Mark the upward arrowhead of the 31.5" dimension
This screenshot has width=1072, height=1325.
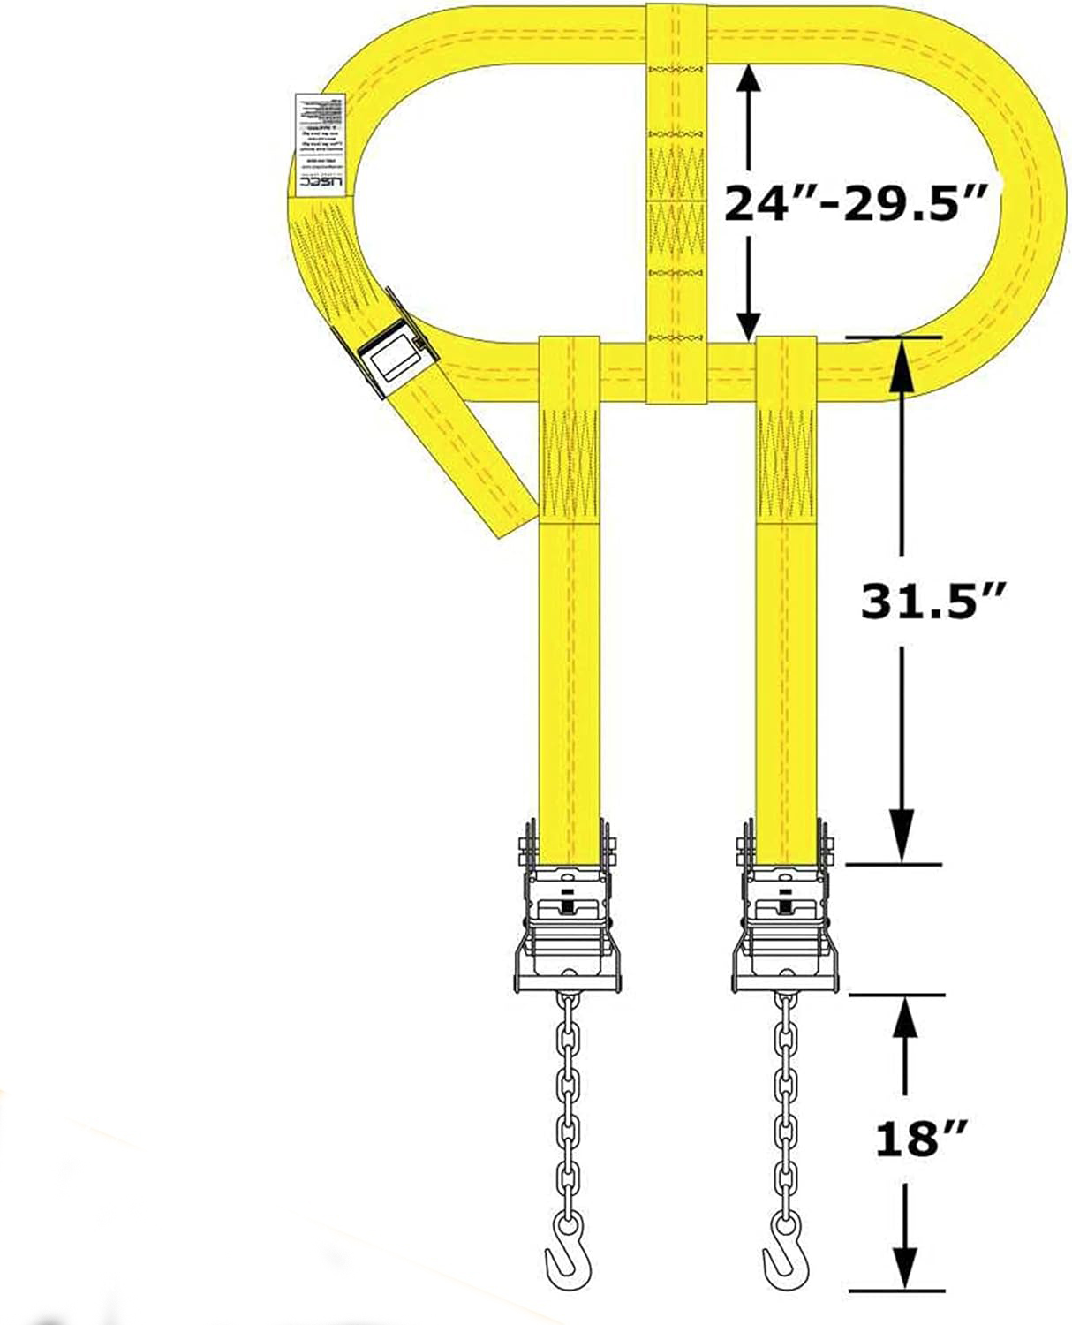[x=901, y=358]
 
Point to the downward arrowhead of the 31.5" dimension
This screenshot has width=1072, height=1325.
[x=901, y=844]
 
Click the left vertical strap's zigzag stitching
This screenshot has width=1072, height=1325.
[x=568, y=464]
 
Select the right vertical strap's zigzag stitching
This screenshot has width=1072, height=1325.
[x=786, y=464]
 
